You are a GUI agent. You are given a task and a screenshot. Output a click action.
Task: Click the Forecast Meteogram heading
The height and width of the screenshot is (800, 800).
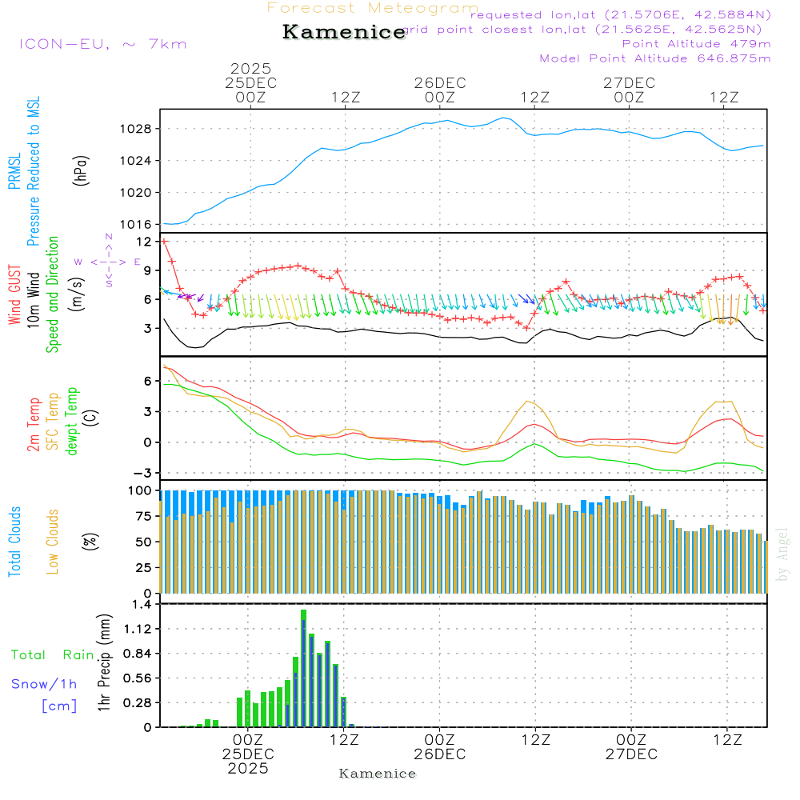point(373,8)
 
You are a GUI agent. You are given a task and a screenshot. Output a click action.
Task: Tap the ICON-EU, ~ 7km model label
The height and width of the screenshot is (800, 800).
point(102,44)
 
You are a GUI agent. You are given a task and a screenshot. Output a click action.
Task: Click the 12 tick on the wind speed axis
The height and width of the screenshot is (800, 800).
point(144,242)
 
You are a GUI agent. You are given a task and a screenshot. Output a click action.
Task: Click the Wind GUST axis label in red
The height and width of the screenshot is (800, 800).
point(14,296)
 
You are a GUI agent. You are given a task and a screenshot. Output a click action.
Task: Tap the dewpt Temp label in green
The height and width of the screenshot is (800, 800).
point(72,422)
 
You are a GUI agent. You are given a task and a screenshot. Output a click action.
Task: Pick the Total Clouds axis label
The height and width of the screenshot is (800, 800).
point(14,542)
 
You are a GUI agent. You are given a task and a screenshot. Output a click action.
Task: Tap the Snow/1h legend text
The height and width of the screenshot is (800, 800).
point(44,684)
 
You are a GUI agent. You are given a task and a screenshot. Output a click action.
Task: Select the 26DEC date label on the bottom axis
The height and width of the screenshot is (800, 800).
point(440,754)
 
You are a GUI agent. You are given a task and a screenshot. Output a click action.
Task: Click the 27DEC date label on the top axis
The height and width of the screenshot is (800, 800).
point(630,83)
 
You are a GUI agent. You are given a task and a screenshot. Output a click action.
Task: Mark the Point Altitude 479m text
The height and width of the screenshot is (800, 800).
point(696,44)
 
